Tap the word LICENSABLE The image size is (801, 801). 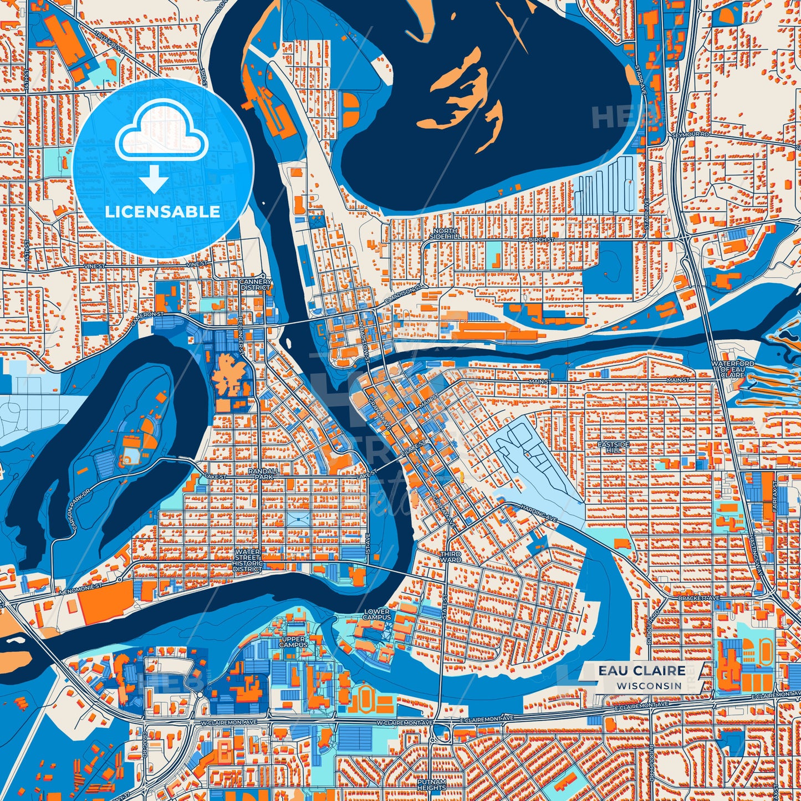tap(162, 212)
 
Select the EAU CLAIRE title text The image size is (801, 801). tap(641, 671)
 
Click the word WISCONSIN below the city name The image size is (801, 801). tap(650, 686)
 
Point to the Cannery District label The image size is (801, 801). tap(256, 284)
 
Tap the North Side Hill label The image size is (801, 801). tap(446, 233)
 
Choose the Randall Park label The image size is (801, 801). tap(261, 473)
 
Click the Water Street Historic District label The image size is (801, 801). tap(247, 560)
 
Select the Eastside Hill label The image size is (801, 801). tap(613, 447)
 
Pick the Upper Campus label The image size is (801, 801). tap(293, 642)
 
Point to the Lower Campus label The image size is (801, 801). tap(377, 614)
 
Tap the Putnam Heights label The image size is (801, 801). tap(432, 784)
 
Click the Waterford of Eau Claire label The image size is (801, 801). tap(733, 369)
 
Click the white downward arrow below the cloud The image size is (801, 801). tap(154, 180)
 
